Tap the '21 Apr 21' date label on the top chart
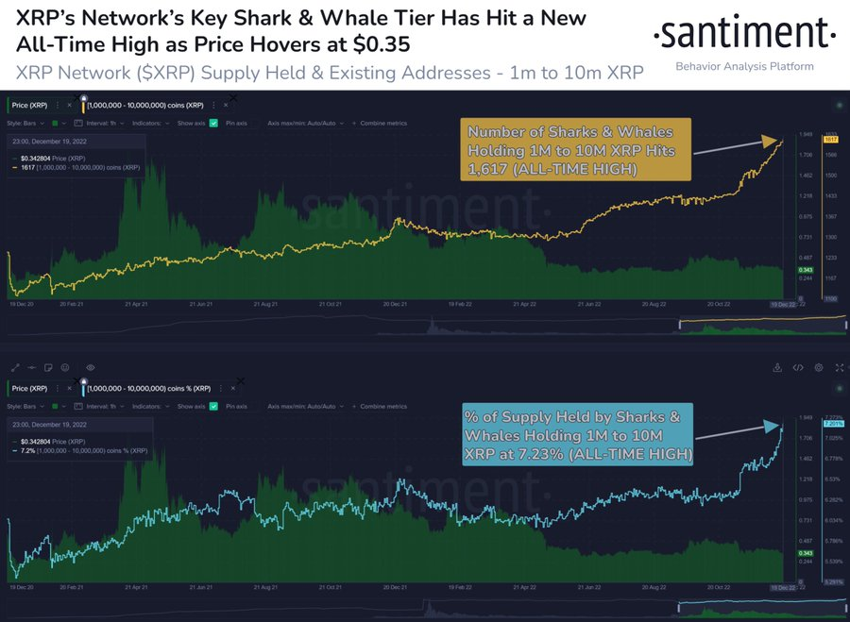pyautogui.click(x=140, y=305)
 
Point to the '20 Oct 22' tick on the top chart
pyautogui.click(x=722, y=305)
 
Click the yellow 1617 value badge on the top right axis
pyautogui.click(x=832, y=139)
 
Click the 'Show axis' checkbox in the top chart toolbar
pyautogui.click(x=214, y=123)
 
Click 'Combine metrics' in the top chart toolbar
pyautogui.click(x=385, y=123)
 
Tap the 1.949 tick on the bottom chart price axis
pyautogui.click(x=806, y=416)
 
